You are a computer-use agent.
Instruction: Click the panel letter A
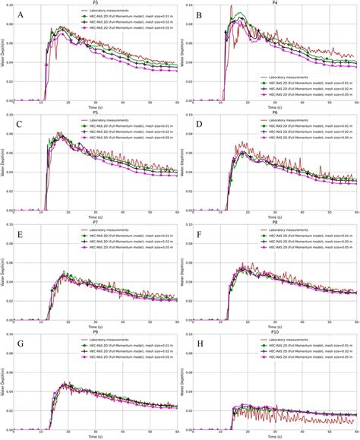pos(20,16)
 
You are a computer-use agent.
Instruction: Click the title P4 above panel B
pos(274,3)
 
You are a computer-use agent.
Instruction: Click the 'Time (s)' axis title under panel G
pos(95,436)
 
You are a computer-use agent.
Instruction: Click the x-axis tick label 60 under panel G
pos(177,429)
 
